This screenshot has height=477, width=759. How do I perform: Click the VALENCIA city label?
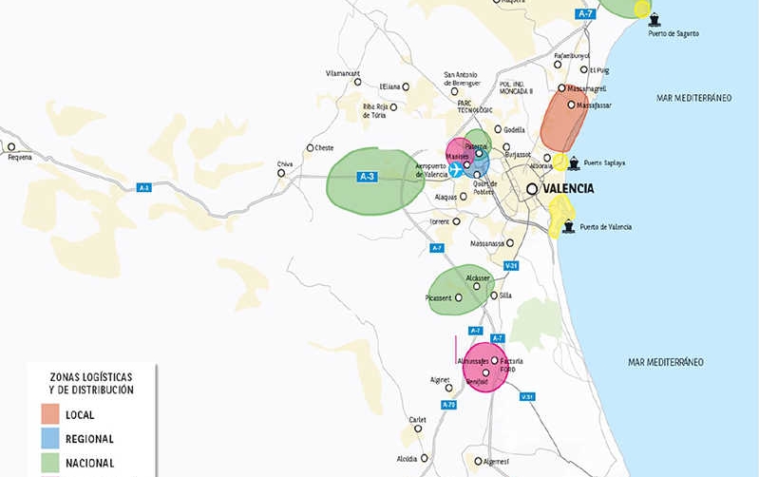pyautogui.click(x=570, y=188)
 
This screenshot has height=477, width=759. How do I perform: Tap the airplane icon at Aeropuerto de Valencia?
pyautogui.click(x=457, y=170)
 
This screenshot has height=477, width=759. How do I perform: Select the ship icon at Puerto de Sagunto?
pyautogui.click(x=655, y=18)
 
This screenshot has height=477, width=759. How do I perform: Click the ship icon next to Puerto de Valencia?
pyautogui.click(x=569, y=227)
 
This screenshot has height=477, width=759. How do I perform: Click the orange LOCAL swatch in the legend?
pyautogui.click(x=50, y=415)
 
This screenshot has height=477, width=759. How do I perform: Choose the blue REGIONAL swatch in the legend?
pyautogui.click(x=50, y=439)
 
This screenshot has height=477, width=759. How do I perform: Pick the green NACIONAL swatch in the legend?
pyautogui.click(x=50, y=463)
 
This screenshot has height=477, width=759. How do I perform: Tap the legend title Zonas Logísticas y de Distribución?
pyautogui.click(x=93, y=383)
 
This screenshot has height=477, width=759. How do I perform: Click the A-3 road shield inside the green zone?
pyautogui.click(x=368, y=177)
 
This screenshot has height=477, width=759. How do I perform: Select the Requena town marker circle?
pyautogui.click(x=12, y=146)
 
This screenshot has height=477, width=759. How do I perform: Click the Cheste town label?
pyautogui.click(x=325, y=148)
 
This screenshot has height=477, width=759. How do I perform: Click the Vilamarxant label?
pyautogui.click(x=343, y=72)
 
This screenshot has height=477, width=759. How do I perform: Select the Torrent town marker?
pyautogui.click(x=457, y=221)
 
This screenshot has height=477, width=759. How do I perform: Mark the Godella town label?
pyautogui.click(x=515, y=130)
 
